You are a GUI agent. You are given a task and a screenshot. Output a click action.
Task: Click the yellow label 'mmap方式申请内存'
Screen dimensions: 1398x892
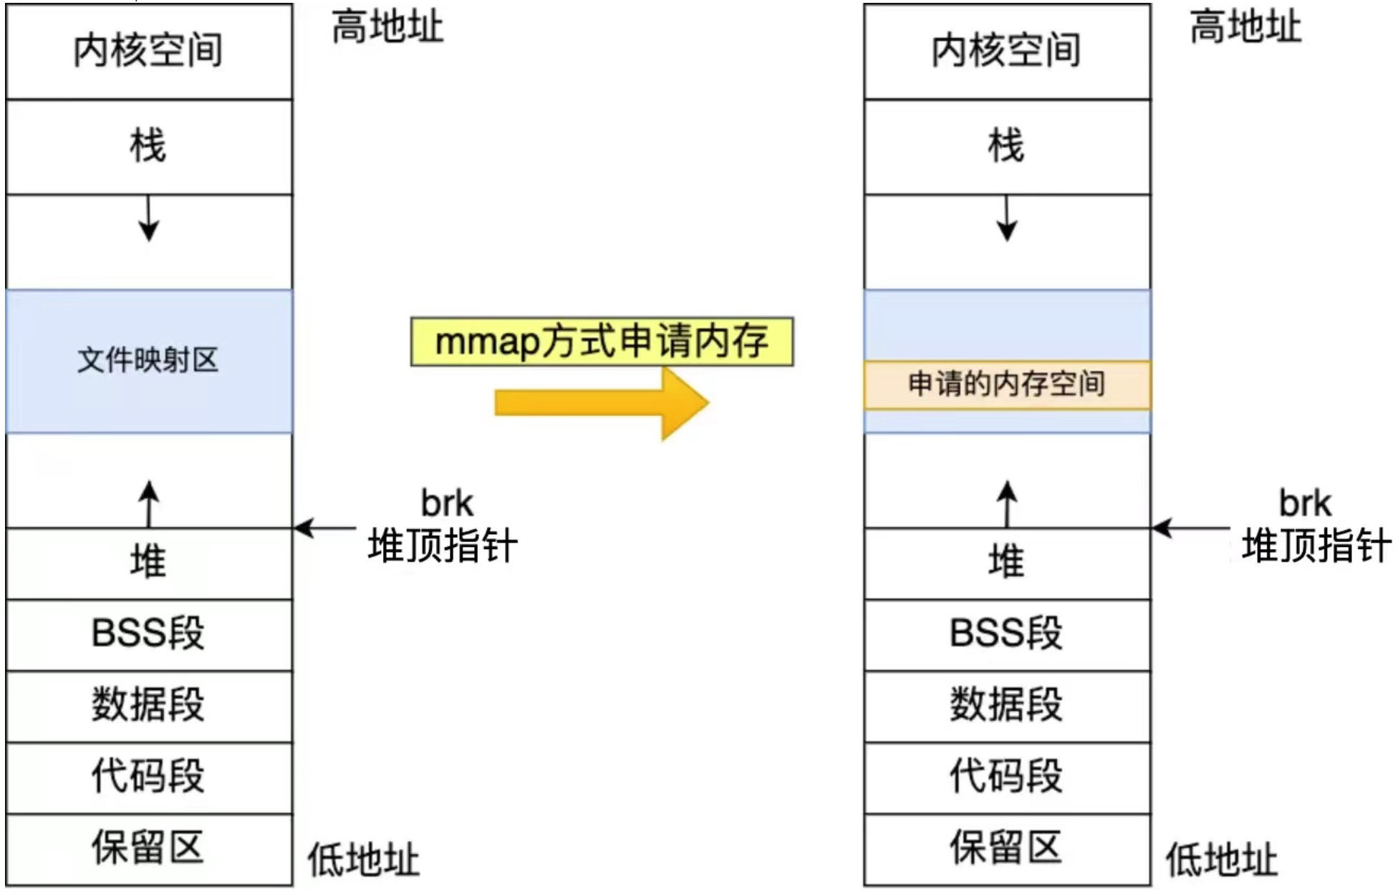point(602,341)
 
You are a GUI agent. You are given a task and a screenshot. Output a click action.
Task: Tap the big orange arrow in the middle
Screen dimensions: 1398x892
point(602,403)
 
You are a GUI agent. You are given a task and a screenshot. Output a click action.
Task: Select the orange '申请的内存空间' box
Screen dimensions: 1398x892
point(1007,385)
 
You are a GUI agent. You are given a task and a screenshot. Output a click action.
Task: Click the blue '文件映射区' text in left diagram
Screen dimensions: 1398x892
point(148,359)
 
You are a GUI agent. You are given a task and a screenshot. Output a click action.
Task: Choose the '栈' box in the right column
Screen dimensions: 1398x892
point(1007,147)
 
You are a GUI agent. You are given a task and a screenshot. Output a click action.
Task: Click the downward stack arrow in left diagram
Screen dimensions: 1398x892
point(149,218)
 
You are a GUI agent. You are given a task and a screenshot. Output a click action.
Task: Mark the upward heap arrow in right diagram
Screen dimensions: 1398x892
point(1008,504)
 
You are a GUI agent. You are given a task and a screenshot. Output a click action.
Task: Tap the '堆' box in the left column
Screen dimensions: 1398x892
point(149,563)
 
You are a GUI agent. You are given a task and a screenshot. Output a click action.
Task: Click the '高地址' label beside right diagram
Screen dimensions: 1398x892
point(1245,27)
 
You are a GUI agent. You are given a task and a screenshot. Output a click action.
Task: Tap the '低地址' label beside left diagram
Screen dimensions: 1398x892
point(364,859)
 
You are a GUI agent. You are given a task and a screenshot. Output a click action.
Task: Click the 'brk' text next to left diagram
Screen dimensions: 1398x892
point(447,503)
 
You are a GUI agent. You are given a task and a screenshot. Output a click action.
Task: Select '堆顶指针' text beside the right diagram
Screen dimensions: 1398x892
point(1316,546)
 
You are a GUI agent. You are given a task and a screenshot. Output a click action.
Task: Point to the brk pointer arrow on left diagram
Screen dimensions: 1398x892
point(325,528)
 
